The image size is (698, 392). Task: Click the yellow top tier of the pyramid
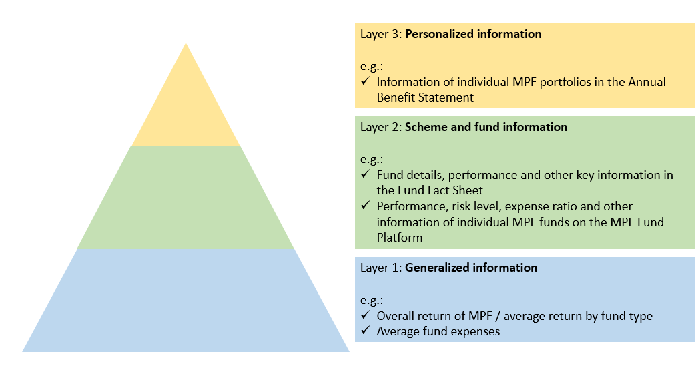(x=186, y=107)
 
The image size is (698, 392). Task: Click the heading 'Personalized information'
(x=473, y=34)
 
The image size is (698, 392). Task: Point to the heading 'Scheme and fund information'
(x=486, y=127)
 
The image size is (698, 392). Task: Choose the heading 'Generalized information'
(x=471, y=268)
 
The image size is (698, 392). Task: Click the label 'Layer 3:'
(x=381, y=34)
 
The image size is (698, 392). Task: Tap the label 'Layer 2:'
(x=381, y=127)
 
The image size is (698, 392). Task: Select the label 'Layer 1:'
(x=381, y=268)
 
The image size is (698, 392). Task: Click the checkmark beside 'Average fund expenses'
(x=365, y=331)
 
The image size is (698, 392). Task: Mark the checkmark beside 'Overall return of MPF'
(x=365, y=316)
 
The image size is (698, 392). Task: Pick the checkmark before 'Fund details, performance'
(x=365, y=174)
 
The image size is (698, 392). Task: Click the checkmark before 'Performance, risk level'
(x=365, y=206)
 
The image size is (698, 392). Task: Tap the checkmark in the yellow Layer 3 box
(x=365, y=82)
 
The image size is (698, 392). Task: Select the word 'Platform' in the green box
(x=399, y=238)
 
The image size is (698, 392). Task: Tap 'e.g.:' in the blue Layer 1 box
(x=372, y=299)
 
